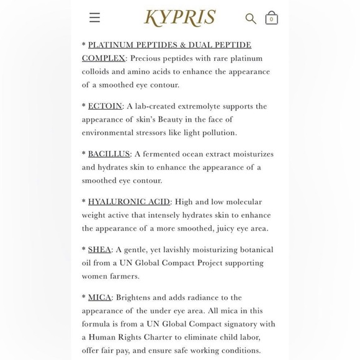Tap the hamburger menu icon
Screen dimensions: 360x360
point(94,17)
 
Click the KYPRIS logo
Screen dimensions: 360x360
point(180,17)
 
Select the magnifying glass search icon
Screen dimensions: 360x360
point(251,19)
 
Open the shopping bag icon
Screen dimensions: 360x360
point(271,18)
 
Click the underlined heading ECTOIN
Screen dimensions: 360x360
point(105,106)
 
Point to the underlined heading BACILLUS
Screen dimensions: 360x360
point(109,154)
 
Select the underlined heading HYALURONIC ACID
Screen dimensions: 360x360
point(129,202)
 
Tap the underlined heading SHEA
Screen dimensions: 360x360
point(99,250)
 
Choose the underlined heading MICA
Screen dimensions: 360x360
point(99,297)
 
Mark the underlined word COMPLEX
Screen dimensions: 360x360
point(104,58)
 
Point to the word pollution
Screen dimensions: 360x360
point(218,133)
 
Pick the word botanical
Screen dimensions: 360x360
point(251,250)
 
